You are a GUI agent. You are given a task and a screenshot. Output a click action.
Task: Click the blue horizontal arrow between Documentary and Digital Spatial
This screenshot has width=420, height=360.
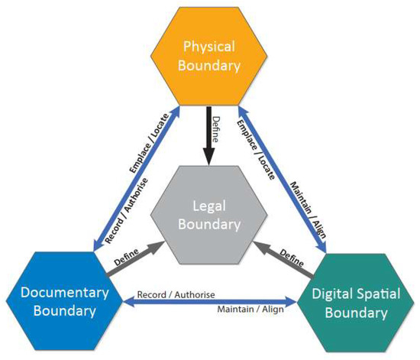coord(209,302)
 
